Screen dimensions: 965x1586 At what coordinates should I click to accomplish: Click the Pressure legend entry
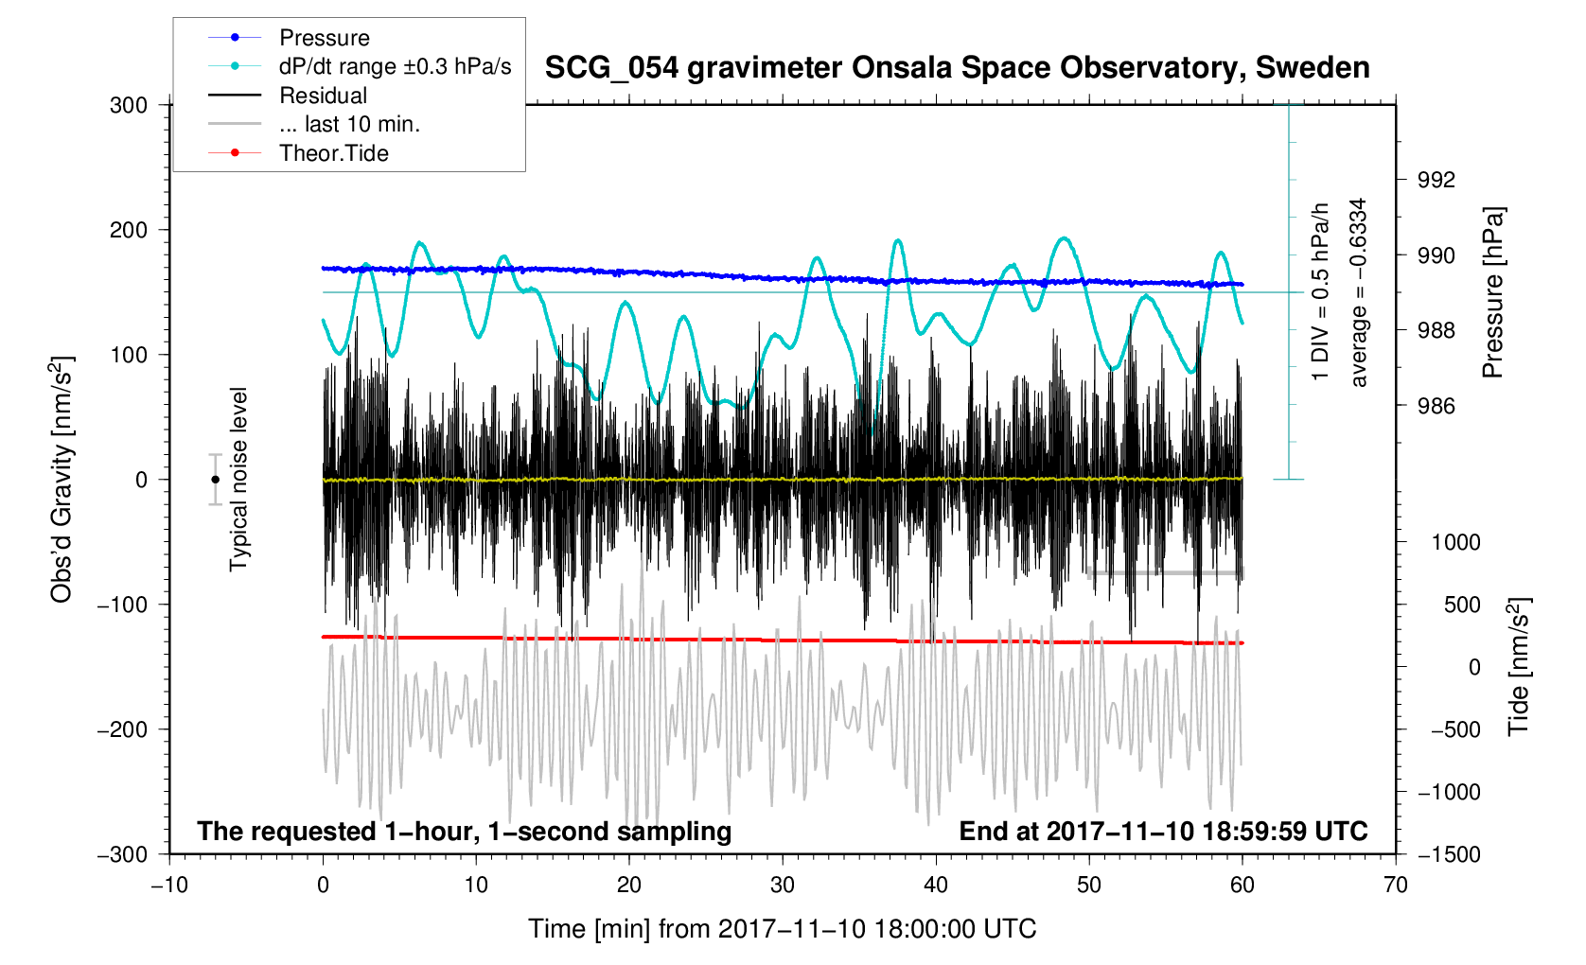[x=324, y=38]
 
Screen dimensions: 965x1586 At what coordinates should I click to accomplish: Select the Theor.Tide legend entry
[x=333, y=153]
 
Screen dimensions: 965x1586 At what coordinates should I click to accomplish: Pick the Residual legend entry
[x=323, y=96]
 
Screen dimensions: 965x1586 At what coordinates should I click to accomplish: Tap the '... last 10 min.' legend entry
[x=349, y=124]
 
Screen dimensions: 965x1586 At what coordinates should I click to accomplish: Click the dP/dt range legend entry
[x=395, y=66]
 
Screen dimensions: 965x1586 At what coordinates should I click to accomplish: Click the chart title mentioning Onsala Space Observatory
[x=957, y=68]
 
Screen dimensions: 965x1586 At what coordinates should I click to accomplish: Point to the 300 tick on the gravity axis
[x=129, y=105]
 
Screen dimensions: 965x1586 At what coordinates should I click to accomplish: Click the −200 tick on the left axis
[x=122, y=729]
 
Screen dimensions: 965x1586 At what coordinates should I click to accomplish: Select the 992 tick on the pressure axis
[x=1436, y=181]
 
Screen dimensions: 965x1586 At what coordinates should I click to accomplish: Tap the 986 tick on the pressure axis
[x=1436, y=407]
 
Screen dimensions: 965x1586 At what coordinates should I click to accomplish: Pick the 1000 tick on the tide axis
[x=1455, y=542]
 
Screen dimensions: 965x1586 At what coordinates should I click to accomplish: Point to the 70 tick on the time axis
[x=1395, y=886]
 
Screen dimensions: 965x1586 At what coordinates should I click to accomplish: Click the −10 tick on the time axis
[x=169, y=886]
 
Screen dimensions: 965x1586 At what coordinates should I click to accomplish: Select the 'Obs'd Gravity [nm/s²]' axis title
[x=62, y=480]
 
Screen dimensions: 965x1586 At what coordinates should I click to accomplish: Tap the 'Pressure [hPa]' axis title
[x=1493, y=292]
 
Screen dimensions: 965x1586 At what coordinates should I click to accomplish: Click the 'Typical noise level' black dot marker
[x=216, y=480]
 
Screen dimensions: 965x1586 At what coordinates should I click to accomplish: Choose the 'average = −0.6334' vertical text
[x=1359, y=292]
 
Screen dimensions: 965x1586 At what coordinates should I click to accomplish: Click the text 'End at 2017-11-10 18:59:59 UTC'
[x=1163, y=832]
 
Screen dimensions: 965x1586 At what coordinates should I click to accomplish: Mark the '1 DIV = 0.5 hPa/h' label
[x=1320, y=292]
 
